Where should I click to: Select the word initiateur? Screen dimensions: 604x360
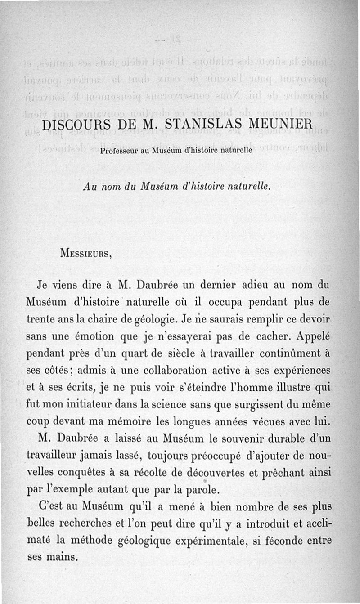[105, 406]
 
